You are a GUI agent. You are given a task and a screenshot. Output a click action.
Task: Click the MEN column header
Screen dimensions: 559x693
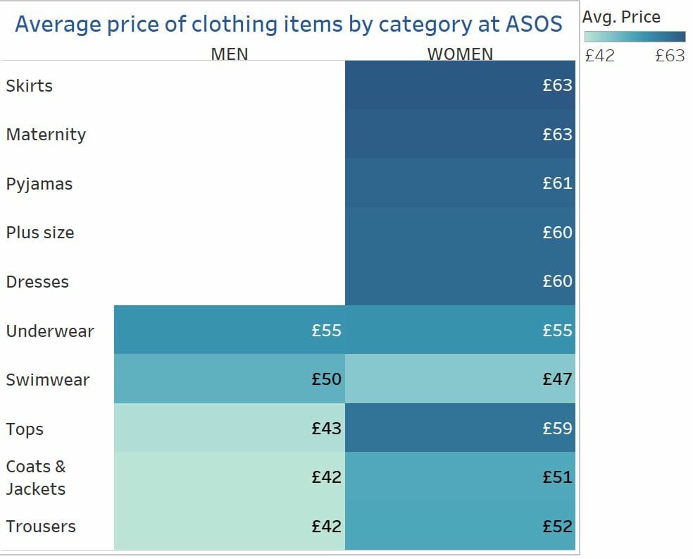(x=230, y=54)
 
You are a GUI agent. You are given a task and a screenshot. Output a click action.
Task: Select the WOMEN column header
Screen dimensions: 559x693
(x=460, y=54)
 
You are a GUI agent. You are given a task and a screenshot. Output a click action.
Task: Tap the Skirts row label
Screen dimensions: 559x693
(x=30, y=86)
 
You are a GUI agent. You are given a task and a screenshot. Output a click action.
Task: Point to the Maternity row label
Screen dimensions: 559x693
(x=46, y=135)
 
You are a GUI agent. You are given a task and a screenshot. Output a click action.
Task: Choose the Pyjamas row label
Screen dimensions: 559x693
(x=39, y=185)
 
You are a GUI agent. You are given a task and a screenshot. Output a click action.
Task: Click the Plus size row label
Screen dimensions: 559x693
(x=40, y=233)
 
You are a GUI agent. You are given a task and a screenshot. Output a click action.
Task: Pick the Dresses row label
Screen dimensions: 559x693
(x=37, y=282)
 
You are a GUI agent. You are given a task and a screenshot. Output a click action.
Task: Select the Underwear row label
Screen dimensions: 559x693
(x=50, y=331)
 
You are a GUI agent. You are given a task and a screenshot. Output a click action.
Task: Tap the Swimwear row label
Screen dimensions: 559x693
(x=48, y=380)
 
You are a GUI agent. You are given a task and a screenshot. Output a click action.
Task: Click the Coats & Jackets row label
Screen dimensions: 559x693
(x=36, y=478)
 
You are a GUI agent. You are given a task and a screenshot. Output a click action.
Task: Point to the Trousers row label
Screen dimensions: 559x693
(x=41, y=527)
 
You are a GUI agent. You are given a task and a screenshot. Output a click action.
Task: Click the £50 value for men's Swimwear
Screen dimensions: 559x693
(x=327, y=379)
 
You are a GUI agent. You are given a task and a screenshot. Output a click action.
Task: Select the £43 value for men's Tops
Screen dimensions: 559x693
(x=327, y=429)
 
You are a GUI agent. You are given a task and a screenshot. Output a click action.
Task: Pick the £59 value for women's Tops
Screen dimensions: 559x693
(x=557, y=429)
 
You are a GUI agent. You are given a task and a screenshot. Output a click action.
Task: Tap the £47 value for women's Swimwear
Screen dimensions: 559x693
(x=557, y=379)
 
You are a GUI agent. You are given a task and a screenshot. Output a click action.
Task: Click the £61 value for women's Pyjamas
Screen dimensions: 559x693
(x=557, y=183)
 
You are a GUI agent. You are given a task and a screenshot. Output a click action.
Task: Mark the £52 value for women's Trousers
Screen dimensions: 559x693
(x=557, y=527)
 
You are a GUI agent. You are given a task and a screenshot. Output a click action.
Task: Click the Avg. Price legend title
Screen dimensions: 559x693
(x=622, y=16)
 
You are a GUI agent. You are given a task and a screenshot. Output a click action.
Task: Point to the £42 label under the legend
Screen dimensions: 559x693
(x=600, y=56)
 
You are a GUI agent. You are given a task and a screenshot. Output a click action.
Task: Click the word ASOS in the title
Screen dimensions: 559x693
(x=534, y=25)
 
